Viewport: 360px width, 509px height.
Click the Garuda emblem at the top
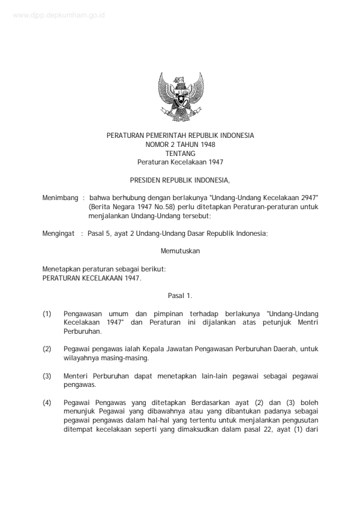(x=180, y=97)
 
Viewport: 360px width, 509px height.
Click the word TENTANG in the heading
(x=180, y=154)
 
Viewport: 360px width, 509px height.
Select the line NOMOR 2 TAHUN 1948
(x=180, y=144)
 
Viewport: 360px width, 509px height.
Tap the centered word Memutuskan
(x=180, y=250)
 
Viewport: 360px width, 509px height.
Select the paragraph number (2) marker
(x=47, y=349)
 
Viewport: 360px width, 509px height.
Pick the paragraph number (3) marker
(x=47, y=375)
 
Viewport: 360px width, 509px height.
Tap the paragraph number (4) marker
(x=47, y=402)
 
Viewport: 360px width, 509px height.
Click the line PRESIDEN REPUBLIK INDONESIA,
(x=180, y=180)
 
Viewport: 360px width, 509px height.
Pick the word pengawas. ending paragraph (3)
(x=79, y=384)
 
